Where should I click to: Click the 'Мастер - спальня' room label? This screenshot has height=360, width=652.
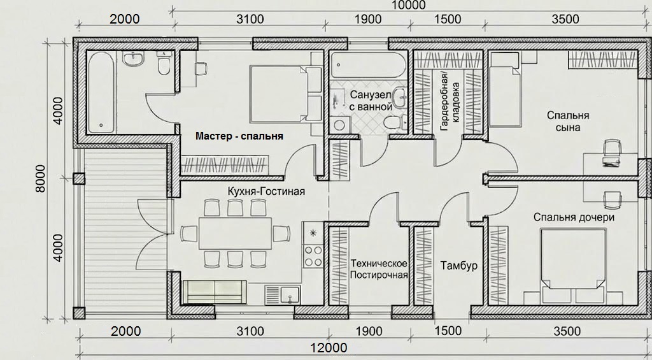tap(239, 136)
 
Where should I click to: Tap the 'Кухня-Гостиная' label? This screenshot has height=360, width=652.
tap(266, 191)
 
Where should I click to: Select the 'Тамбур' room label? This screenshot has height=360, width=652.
tap(458, 266)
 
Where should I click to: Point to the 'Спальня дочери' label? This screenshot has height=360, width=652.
tap(574, 217)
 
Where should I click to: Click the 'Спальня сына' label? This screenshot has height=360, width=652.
tap(568, 121)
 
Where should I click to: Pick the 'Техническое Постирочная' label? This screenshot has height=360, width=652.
tap(379, 269)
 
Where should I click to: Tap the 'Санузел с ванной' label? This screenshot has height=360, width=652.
tap(371, 100)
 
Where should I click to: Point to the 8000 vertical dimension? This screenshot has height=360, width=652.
tap(40, 178)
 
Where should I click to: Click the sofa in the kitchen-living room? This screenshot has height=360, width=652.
tap(215, 291)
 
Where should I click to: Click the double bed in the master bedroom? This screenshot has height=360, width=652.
tap(286, 94)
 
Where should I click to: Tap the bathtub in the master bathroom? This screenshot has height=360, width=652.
tap(101, 92)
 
